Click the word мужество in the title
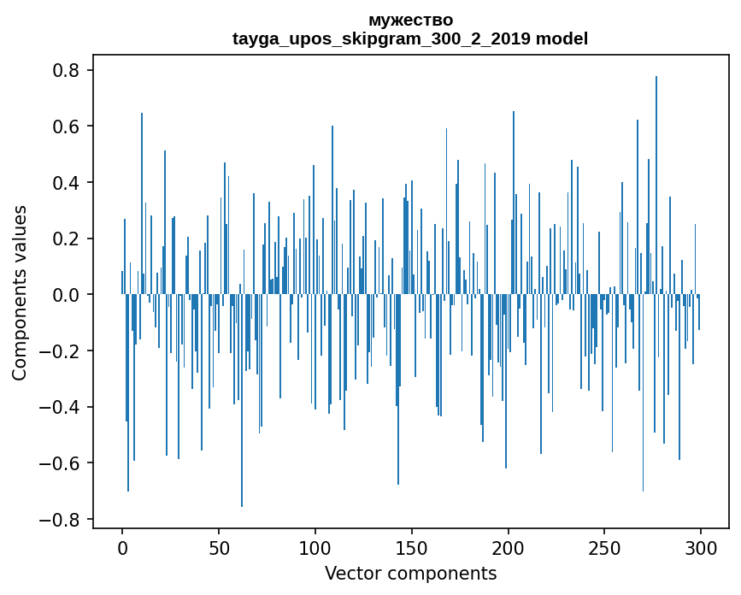(x=410, y=20)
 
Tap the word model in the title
(x=562, y=38)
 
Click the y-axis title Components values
(x=20, y=293)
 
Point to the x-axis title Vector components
(x=410, y=573)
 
